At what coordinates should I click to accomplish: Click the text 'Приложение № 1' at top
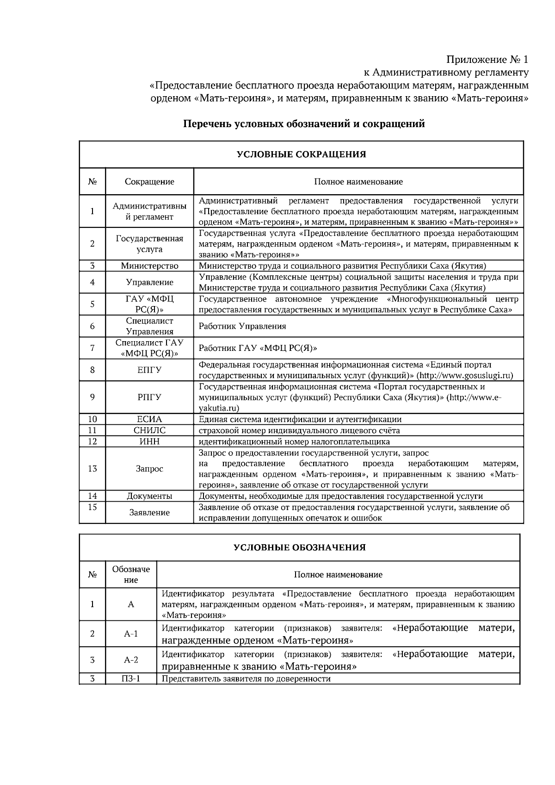pyautogui.click(x=487, y=60)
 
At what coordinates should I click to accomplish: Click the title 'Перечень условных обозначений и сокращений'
pyautogui.click(x=304, y=124)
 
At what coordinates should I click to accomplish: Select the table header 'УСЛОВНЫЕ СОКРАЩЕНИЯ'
pyautogui.click(x=301, y=154)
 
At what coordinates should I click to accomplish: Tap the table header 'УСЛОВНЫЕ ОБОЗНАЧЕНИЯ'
pyautogui.click(x=299, y=547)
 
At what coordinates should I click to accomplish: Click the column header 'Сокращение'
pyautogui.click(x=149, y=182)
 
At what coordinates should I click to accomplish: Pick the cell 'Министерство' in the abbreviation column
pyautogui.click(x=149, y=266)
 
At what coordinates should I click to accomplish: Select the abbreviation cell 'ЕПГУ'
pyautogui.click(x=149, y=370)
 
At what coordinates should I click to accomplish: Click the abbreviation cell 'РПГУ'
pyautogui.click(x=149, y=397)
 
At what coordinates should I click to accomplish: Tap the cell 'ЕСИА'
pyautogui.click(x=149, y=419)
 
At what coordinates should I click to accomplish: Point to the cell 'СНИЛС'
pyautogui.click(x=149, y=430)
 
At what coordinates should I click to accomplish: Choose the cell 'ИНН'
pyautogui.click(x=149, y=442)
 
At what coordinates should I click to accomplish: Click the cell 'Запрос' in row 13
pyautogui.click(x=149, y=469)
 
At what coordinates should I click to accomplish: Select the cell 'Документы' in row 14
pyautogui.click(x=149, y=496)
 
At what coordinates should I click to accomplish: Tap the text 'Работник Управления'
pyautogui.click(x=242, y=326)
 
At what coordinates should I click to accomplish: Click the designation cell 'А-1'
pyautogui.click(x=131, y=634)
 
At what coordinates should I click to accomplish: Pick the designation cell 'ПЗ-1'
pyautogui.click(x=131, y=679)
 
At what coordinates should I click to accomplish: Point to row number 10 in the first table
pyautogui.click(x=92, y=419)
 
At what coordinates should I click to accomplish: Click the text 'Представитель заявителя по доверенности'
pyautogui.click(x=246, y=679)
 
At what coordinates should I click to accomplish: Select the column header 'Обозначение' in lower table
pyautogui.click(x=131, y=575)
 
